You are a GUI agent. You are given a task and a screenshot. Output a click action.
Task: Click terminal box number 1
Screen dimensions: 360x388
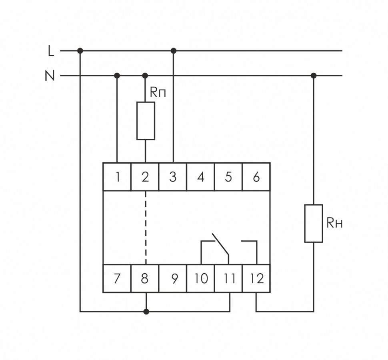[117, 177]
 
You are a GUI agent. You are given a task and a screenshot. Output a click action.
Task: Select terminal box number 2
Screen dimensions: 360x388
[145, 177]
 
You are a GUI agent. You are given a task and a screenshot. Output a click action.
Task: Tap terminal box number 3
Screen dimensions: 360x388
[173, 177]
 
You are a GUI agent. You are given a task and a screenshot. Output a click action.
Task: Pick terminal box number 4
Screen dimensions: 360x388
[201, 177]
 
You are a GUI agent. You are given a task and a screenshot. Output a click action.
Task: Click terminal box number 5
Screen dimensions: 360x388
[228, 177]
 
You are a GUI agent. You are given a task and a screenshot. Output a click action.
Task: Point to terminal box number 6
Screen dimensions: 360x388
[256, 177]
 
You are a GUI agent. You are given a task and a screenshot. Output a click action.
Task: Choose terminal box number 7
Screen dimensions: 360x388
[117, 278]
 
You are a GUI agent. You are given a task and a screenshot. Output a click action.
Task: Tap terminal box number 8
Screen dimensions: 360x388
[145, 278]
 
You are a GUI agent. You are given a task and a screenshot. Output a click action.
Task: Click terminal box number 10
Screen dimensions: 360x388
[201, 278]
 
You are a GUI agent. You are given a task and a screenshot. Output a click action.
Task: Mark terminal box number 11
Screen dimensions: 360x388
[229, 278]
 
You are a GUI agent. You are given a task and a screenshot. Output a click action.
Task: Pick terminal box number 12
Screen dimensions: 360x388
[256, 278]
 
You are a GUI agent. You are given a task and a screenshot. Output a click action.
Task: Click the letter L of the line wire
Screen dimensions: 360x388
[51, 51]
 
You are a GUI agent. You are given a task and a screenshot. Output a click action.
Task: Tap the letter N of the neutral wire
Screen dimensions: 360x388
[50, 76]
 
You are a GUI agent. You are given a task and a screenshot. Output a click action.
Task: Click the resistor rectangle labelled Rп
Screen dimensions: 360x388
[146, 121]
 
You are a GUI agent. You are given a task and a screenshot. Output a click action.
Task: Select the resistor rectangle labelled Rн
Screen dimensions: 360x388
[314, 223]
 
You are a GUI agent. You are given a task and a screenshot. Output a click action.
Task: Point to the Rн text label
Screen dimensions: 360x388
[334, 223]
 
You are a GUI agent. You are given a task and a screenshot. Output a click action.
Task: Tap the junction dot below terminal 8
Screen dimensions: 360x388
[146, 311]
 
